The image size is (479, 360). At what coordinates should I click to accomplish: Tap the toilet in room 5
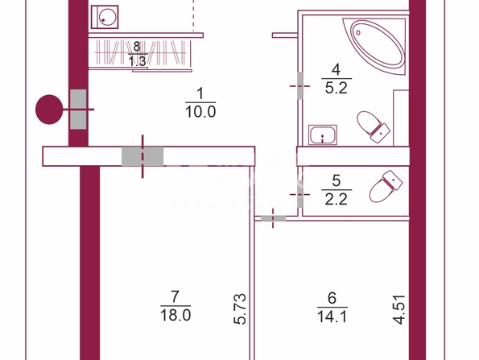(386, 186)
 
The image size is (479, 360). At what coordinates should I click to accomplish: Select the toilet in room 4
(373, 126)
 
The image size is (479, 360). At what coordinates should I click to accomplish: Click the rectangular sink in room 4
(323, 134)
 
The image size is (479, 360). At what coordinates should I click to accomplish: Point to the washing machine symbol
(105, 17)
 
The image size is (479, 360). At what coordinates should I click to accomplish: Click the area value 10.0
(200, 112)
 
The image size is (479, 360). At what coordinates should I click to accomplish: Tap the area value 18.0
(175, 315)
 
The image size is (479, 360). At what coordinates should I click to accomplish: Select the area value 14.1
(332, 317)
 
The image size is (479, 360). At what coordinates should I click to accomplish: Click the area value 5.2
(337, 89)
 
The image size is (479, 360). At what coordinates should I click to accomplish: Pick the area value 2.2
(337, 199)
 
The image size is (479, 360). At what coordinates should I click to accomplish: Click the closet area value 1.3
(137, 61)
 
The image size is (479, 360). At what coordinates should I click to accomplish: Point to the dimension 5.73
(240, 308)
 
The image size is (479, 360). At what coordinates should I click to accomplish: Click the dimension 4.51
(399, 309)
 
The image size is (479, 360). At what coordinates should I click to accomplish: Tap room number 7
(175, 296)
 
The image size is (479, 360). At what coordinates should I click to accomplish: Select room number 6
(332, 298)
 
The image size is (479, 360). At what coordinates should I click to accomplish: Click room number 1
(200, 93)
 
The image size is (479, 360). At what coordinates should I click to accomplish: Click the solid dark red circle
(49, 110)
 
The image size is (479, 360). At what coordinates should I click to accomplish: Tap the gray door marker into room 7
(142, 156)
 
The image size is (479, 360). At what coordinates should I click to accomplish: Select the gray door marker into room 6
(273, 218)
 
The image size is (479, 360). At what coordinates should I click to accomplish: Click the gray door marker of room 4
(299, 85)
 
